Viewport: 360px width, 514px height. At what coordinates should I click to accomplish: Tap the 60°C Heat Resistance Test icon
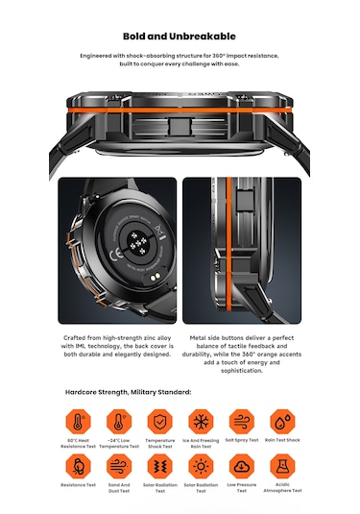point(79,424)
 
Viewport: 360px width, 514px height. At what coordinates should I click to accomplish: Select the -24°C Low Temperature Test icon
point(120,424)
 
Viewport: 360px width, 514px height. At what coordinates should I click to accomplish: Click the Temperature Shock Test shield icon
point(160,424)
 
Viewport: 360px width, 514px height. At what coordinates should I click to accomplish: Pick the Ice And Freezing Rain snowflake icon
point(201,424)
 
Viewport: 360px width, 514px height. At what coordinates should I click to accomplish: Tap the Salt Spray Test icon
point(241,424)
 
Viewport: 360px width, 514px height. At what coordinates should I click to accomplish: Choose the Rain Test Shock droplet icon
point(281,424)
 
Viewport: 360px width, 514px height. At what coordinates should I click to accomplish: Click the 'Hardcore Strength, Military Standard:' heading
point(129,392)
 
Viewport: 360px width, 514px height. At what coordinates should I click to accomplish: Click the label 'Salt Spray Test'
point(241,443)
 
